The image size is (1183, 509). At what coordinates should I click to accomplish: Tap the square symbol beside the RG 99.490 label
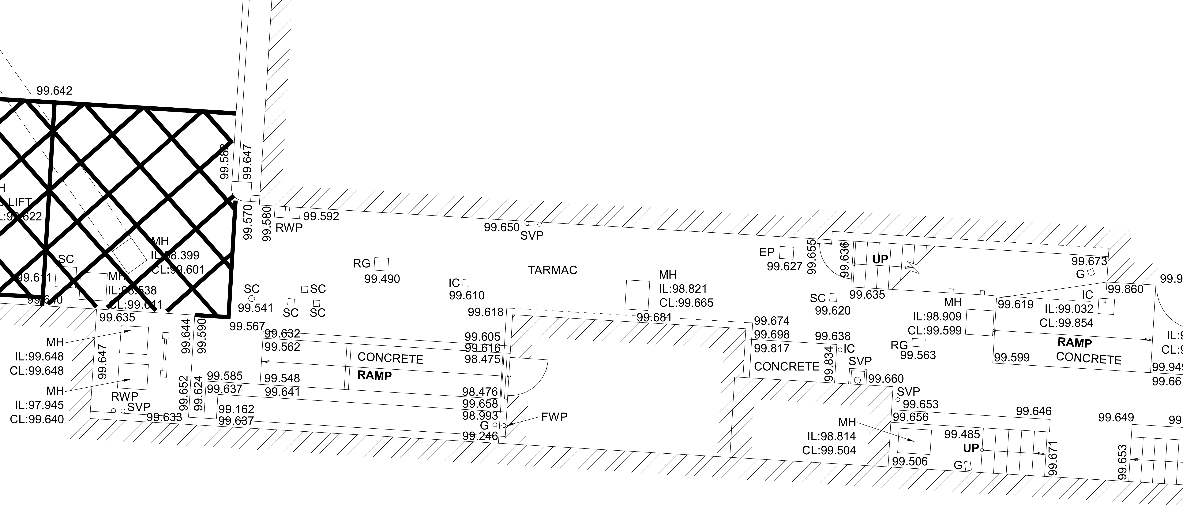(x=381, y=264)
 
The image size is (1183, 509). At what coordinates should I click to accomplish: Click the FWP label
(x=554, y=417)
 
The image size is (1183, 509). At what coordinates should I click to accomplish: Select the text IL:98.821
(x=683, y=289)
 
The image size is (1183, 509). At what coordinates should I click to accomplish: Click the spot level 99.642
(x=55, y=90)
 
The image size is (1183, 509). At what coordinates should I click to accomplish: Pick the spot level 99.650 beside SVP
(x=501, y=227)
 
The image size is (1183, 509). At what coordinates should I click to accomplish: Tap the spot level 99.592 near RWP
(x=321, y=216)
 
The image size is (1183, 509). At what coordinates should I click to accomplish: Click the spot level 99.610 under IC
(x=467, y=296)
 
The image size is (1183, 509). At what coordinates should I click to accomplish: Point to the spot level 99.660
(x=886, y=379)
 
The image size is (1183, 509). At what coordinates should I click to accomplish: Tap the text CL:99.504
(x=829, y=450)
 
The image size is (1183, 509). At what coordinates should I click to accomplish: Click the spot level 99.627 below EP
(x=784, y=266)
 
